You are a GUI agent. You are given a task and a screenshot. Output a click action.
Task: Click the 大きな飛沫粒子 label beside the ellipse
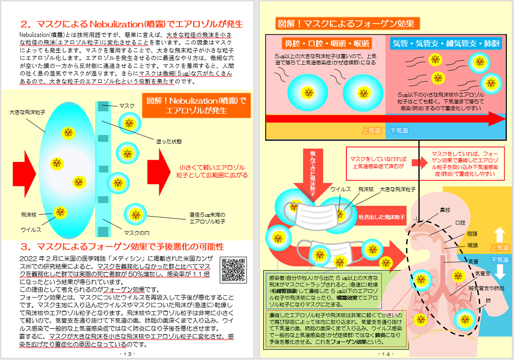tap(26, 111)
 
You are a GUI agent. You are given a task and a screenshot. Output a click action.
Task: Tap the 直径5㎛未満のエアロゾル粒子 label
tap(207, 218)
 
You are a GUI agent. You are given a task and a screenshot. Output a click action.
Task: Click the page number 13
tap(127, 354)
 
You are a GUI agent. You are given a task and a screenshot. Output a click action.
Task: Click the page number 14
tap(385, 354)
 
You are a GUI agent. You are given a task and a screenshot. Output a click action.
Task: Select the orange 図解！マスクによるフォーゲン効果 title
tap(347, 24)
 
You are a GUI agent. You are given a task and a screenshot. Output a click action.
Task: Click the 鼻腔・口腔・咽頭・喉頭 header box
tap(327, 44)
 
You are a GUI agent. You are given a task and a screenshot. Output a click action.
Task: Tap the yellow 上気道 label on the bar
tap(372, 131)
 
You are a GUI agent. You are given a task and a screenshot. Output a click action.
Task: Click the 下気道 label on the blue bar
tap(399, 131)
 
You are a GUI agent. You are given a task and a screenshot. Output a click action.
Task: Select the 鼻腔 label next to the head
tap(445, 210)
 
